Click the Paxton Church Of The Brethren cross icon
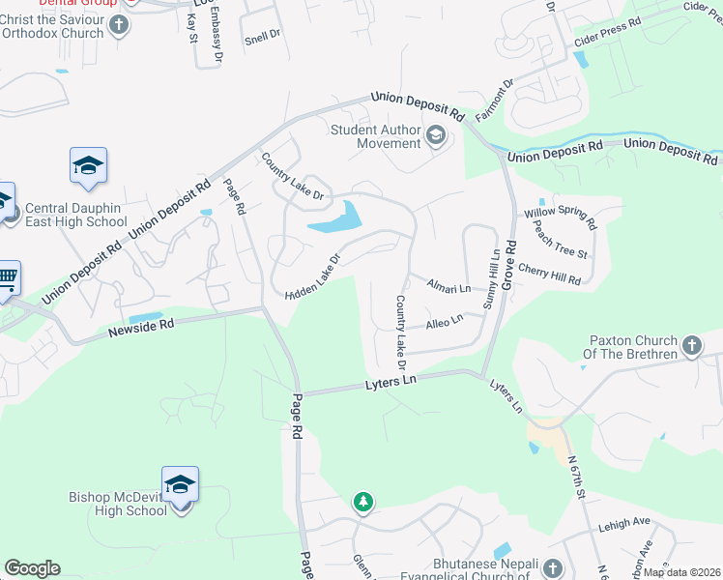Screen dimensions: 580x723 pos(691,345)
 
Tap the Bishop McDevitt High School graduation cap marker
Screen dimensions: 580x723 pos(180,484)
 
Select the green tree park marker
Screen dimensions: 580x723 pos(362,502)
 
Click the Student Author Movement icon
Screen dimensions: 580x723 pos(435,136)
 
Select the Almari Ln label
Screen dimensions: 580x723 pos(448,288)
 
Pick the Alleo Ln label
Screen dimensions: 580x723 pos(445,320)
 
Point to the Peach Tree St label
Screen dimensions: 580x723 pos(561,245)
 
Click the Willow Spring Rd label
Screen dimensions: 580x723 pos(561,218)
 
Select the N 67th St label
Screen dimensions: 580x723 pos(577,478)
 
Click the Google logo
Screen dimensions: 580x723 pos(32,568)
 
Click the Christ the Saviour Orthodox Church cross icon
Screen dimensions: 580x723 pos(119,25)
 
